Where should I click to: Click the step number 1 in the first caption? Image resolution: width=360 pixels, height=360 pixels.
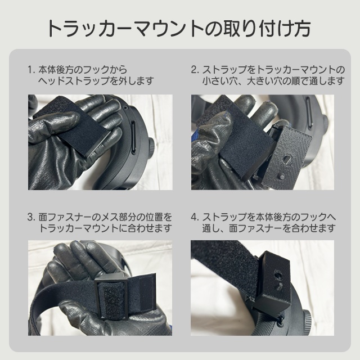click(x=29, y=70)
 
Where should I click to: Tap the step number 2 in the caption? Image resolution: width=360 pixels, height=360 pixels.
click(x=193, y=70)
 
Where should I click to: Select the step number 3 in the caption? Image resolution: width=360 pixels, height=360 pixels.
click(x=29, y=216)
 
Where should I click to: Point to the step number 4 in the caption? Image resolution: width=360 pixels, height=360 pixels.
click(x=194, y=216)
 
